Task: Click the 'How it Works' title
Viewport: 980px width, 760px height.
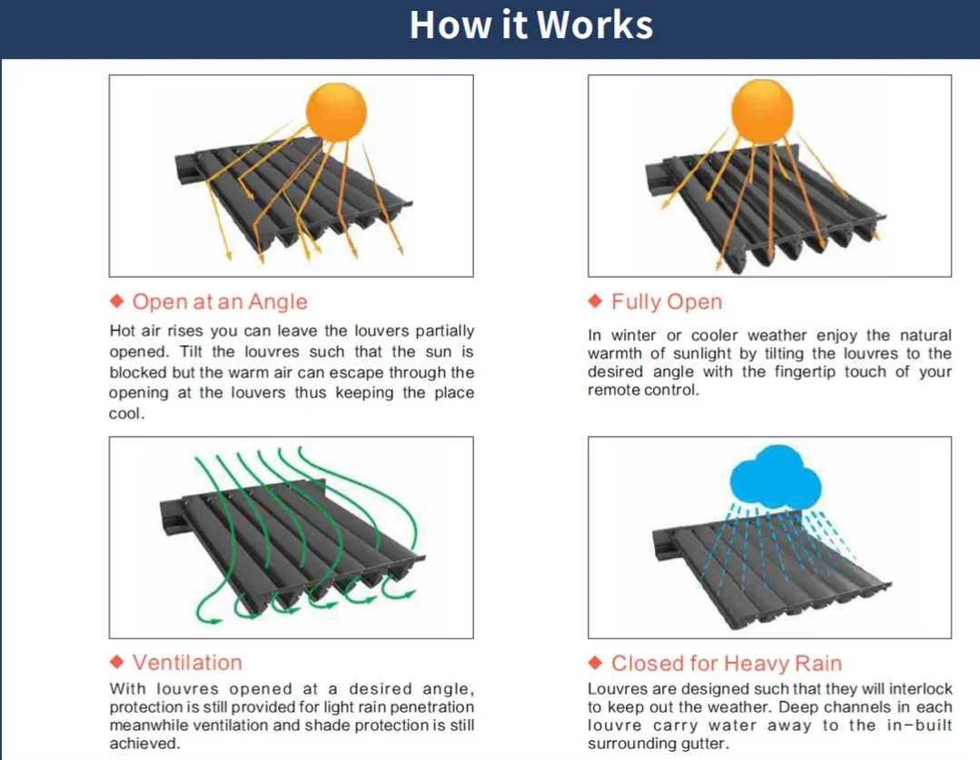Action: (531, 25)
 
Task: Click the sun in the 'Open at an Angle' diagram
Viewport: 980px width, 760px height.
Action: (336, 110)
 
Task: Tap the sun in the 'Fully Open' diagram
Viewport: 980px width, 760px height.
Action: (762, 110)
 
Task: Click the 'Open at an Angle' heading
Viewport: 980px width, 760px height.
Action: (220, 302)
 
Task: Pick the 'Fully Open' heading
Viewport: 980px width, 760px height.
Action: (667, 302)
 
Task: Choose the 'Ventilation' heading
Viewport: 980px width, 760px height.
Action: (187, 663)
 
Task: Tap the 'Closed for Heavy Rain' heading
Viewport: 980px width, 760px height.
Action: (727, 663)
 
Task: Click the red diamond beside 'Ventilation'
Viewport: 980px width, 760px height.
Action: (116, 661)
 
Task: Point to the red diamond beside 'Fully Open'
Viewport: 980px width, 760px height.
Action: (596, 301)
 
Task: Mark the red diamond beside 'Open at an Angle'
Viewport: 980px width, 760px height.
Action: (116, 301)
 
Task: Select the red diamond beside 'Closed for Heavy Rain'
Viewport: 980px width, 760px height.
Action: (596, 661)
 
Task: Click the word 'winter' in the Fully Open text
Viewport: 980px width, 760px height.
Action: (634, 335)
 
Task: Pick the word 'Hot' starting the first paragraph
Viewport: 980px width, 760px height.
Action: (124, 331)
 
